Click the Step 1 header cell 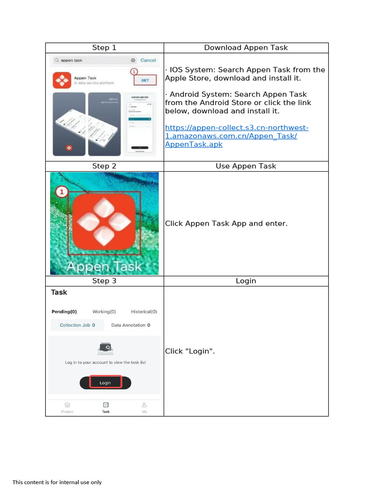pyautogui.click(x=104, y=48)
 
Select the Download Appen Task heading pyautogui.click(x=245, y=48)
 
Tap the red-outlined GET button pyautogui.click(x=145, y=81)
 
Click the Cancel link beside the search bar pyautogui.click(x=148, y=60)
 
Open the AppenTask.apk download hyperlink pyautogui.click(x=237, y=136)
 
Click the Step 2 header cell pyautogui.click(x=104, y=166)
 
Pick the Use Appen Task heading pyautogui.click(x=245, y=166)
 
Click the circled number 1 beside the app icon pyautogui.click(x=61, y=192)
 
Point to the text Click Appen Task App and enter pyautogui.click(x=226, y=224)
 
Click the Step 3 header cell pyautogui.click(x=104, y=281)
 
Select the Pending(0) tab pyautogui.click(x=64, y=312)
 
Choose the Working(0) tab pyautogui.click(x=104, y=312)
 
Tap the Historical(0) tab pyautogui.click(x=144, y=312)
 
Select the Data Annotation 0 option pyautogui.click(x=131, y=325)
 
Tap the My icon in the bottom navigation pyautogui.click(x=144, y=407)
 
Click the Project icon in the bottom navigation pyautogui.click(x=67, y=407)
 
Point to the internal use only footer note pyautogui.click(x=57, y=482)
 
